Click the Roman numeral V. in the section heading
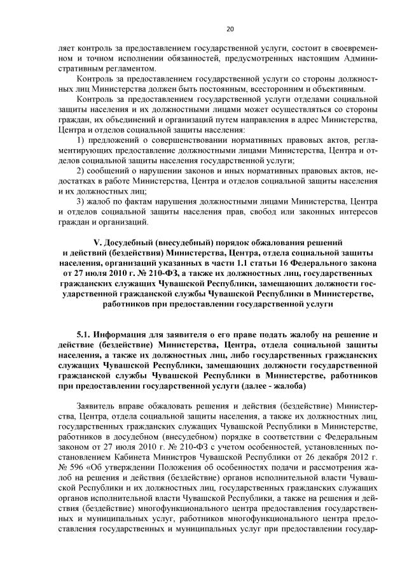[98, 243]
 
